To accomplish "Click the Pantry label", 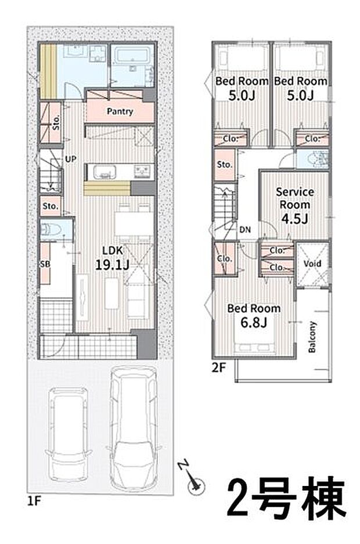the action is (x=120, y=111).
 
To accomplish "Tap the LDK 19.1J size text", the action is (x=113, y=265).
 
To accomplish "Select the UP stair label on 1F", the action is (x=70, y=159).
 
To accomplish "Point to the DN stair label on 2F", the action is (x=245, y=230).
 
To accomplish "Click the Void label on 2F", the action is (x=312, y=264).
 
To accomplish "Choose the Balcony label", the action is (x=312, y=337).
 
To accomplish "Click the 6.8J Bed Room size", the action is (x=254, y=323).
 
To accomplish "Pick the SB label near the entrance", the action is (x=45, y=264).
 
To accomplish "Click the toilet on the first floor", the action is (x=51, y=229).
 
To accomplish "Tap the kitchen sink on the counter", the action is (x=105, y=172).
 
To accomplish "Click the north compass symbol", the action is (x=193, y=480).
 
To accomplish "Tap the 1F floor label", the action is (x=34, y=501).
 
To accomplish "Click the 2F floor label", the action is (x=218, y=368).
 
